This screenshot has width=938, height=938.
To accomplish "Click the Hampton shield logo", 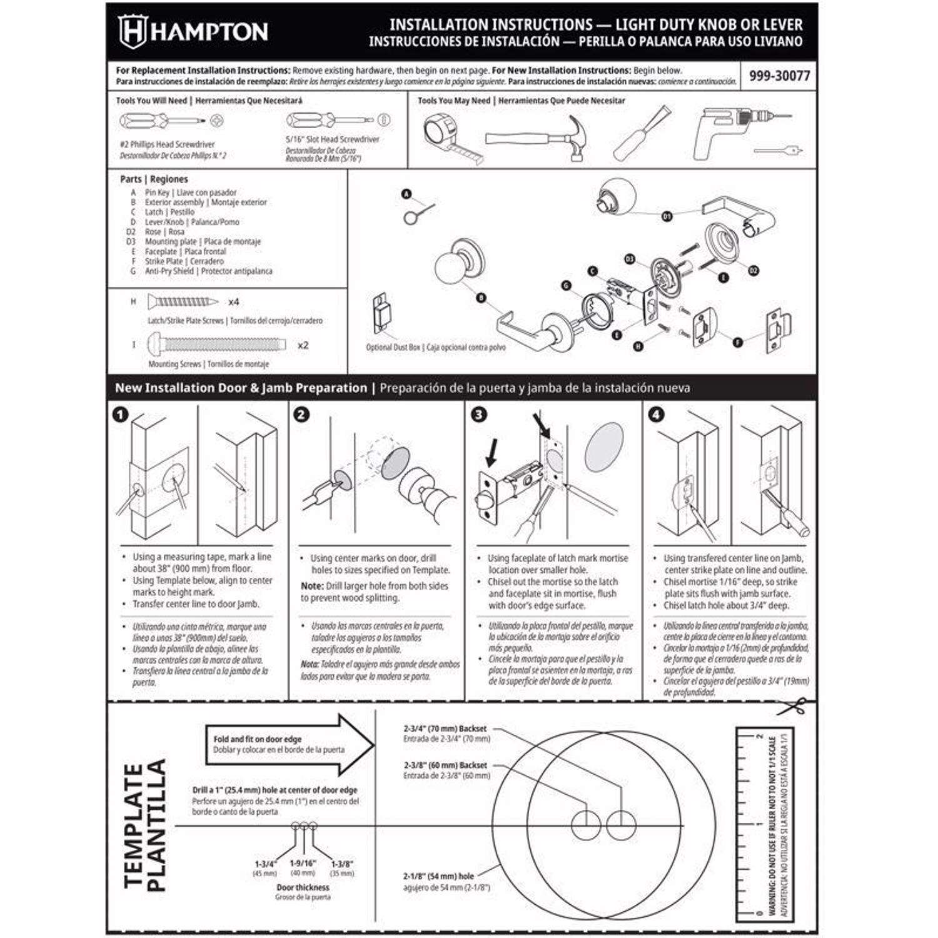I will [x=132, y=31].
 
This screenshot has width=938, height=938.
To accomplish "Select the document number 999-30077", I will [x=779, y=76].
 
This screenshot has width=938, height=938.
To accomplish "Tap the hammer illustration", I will [x=538, y=138].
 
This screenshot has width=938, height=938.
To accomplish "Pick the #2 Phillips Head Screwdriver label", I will [x=167, y=144].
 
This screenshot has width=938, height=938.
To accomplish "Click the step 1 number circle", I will [x=120, y=415].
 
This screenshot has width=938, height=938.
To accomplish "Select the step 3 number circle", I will [x=479, y=415].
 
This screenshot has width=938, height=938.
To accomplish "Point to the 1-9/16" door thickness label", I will [x=303, y=863].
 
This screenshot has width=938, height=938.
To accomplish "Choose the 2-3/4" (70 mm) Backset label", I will [x=445, y=729].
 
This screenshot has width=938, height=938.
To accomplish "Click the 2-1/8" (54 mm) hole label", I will [x=438, y=876].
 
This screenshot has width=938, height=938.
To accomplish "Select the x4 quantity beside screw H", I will [x=233, y=302].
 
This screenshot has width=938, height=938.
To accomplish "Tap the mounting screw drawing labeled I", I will [x=216, y=345].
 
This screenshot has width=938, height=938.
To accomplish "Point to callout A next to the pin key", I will [x=406, y=194].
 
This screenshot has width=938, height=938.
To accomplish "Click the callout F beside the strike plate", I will [x=738, y=342].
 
